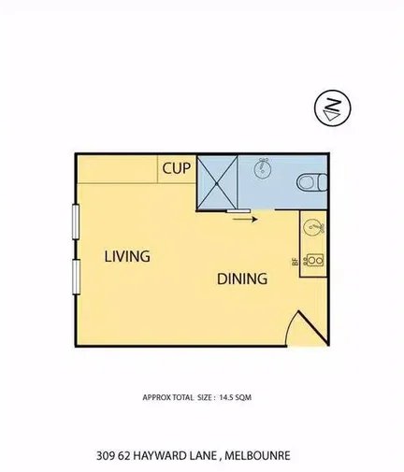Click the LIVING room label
127,256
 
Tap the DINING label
242,278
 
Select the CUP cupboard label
177,169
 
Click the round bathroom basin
262,169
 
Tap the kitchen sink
312,227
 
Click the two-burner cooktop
314,260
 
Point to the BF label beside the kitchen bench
296,262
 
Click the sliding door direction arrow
243,220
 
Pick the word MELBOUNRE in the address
261,456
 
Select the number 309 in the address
106,456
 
